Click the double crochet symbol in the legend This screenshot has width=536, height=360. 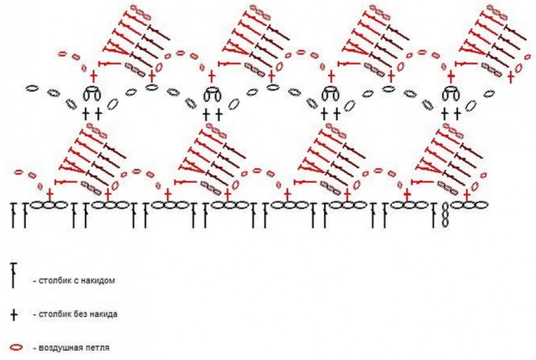tap(13, 274)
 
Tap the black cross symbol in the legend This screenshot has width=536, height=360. tap(13, 314)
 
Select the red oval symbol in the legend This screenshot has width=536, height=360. tap(14, 349)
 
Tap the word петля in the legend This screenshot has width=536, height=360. tap(99, 349)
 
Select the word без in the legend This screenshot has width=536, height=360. tap(80, 314)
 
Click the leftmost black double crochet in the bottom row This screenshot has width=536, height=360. tap(14, 215)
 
